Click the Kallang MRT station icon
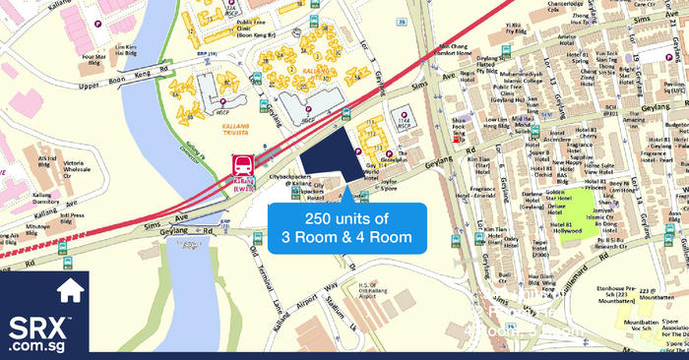(240, 166)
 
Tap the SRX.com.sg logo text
(43, 333)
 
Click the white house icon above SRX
(69, 291)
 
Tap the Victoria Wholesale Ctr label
(82, 162)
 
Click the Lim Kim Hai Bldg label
(125, 50)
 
